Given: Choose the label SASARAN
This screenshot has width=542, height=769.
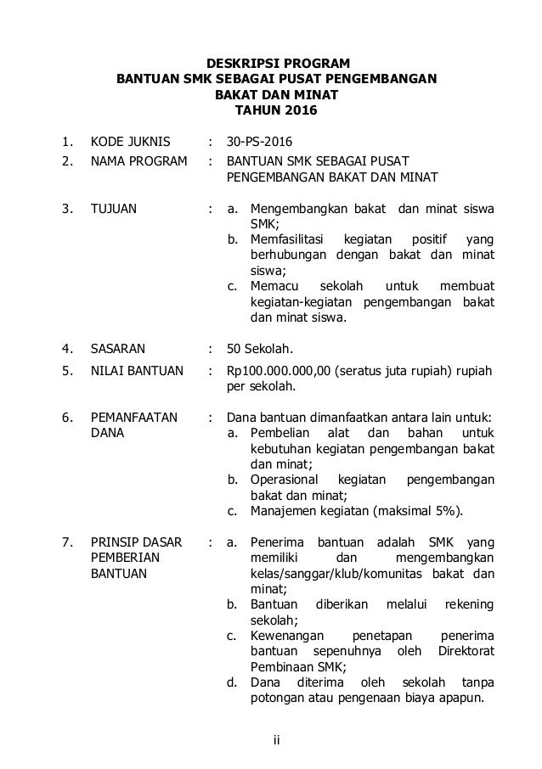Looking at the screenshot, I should tap(118, 347).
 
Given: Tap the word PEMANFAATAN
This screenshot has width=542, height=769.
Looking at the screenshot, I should tap(134, 417).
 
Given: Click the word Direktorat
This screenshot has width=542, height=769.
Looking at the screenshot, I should tap(466, 651).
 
